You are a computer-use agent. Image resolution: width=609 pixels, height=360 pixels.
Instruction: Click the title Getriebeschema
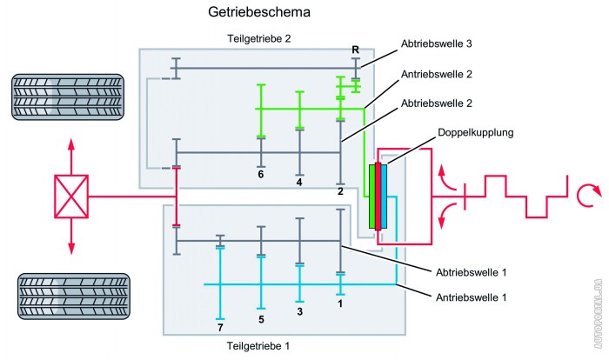(x=259, y=12)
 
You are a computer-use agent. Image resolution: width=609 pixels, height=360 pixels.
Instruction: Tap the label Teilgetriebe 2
(x=259, y=39)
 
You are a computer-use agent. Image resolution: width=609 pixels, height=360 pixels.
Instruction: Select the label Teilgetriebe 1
(x=258, y=346)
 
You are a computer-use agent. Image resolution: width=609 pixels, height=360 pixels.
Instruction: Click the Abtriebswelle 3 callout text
(x=436, y=43)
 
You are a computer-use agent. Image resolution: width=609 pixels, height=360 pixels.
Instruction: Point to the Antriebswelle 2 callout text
(x=437, y=74)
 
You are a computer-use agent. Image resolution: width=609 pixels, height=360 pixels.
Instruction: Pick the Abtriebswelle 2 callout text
(x=437, y=103)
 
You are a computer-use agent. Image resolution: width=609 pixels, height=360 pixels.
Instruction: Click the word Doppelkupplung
(x=475, y=133)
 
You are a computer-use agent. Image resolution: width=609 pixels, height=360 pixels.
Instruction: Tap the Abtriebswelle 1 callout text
(x=472, y=272)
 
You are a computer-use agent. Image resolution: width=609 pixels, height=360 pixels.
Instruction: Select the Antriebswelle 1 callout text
(x=472, y=297)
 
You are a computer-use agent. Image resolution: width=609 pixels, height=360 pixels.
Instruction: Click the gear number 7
(x=220, y=328)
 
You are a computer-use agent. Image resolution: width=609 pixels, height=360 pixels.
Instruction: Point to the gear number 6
(x=261, y=175)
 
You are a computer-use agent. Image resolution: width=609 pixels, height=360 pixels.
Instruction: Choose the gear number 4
(x=299, y=182)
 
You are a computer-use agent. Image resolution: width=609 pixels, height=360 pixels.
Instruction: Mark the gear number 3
(x=299, y=311)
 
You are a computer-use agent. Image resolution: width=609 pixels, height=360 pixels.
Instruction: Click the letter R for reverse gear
(x=355, y=50)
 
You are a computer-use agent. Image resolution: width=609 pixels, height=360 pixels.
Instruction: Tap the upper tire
(x=68, y=97)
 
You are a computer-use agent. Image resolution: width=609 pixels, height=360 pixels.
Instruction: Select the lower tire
(x=74, y=297)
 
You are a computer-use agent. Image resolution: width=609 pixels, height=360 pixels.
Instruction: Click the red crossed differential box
(x=71, y=197)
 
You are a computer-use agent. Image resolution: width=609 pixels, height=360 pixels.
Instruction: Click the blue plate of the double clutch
(x=384, y=197)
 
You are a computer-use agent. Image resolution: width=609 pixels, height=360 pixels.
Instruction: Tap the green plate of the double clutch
(x=372, y=197)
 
